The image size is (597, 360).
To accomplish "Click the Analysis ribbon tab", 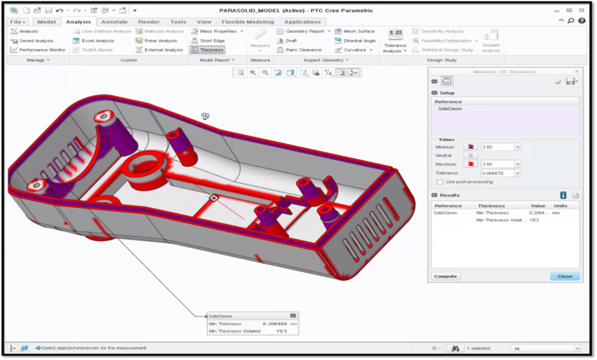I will pos(78,22).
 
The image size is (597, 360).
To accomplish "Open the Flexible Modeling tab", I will pos(247,22).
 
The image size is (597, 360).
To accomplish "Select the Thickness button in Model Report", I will pos(208,50).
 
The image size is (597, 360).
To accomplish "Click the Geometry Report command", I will pos(304,31).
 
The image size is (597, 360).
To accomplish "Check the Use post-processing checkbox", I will pos(440,182).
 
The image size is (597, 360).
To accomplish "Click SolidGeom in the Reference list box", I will pos(450,109).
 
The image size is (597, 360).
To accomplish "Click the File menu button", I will pos(18,22).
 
